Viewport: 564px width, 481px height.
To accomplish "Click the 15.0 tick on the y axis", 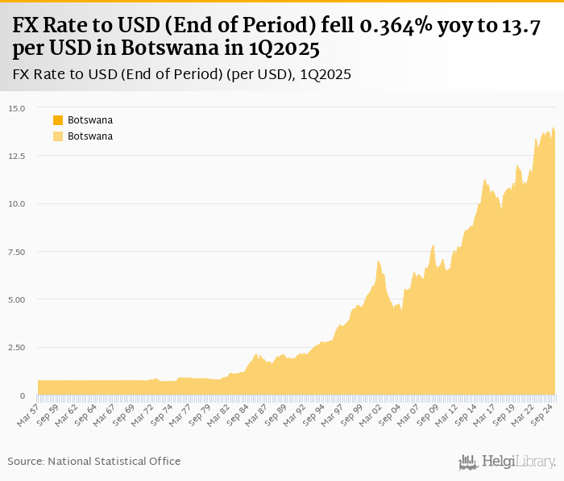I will click(x=18, y=108).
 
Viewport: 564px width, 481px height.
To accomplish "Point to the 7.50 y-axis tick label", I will click(x=18, y=251).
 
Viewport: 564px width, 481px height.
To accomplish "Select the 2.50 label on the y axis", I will click(x=18, y=347).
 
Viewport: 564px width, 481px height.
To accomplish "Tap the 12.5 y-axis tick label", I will click(x=18, y=156).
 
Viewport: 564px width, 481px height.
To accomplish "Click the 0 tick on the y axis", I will click(x=23, y=395).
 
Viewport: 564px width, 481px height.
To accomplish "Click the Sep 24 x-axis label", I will click(x=541, y=412).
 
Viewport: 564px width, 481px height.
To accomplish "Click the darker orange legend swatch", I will click(x=58, y=120).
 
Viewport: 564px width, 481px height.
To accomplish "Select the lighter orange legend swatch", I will click(x=58, y=136).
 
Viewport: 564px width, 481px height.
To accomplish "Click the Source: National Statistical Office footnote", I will click(x=94, y=461).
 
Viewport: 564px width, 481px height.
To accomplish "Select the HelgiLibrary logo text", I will click(x=518, y=462).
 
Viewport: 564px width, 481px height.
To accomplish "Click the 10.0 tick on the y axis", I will click(x=18, y=203).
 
